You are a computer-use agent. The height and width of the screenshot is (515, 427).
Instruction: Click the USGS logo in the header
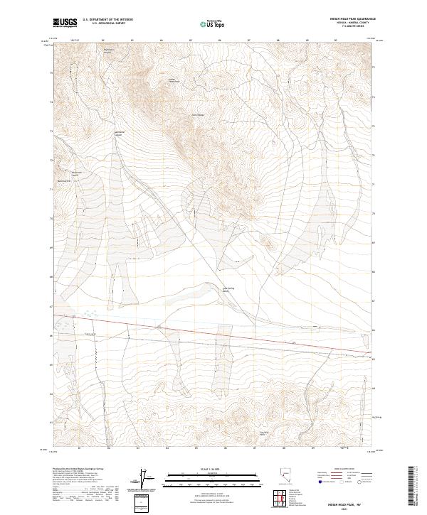click(x=64, y=23)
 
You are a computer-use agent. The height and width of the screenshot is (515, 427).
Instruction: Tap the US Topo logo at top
click(x=208, y=24)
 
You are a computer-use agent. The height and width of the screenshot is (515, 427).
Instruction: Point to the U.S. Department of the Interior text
click(x=107, y=20)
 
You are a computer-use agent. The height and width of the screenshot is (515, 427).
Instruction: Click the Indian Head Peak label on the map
click(x=172, y=80)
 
